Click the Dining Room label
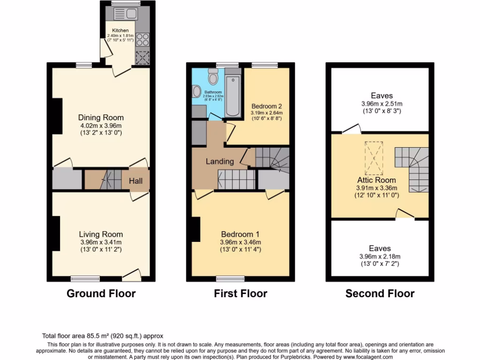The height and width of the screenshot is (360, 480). (x=101, y=118)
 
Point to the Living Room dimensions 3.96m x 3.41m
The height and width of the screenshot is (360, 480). (x=101, y=242)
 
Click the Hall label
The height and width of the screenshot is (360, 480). (x=136, y=180)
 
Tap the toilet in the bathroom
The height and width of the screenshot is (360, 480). (x=213, y=76)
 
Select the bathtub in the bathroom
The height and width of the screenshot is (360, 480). (x=233, y=94)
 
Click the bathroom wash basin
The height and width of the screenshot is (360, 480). (x=196, y=91)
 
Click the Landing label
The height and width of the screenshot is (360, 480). (x=220, y=161)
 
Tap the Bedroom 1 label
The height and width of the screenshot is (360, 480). (x=240, y=234)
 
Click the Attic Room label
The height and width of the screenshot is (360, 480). (x=376, y=180)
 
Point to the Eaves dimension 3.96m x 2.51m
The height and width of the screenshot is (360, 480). (x=381, y=104)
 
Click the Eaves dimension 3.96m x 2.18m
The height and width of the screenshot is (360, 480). (x=380, y=256)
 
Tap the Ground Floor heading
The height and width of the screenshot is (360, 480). (x=101, y=294)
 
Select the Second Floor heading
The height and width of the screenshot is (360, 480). (x=380, y=294)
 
